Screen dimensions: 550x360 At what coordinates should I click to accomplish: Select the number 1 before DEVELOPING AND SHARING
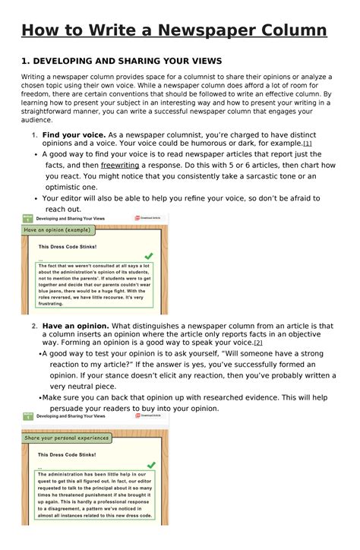click(x=24, y=60)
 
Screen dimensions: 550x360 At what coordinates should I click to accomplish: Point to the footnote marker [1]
click(x=307, y=143)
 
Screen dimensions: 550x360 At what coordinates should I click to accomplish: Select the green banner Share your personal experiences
click(x=67, y=438)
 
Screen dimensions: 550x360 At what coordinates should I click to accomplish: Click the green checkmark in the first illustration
click(x=149, y=256)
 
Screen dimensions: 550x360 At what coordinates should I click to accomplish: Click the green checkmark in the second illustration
click(x=150, y=464)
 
